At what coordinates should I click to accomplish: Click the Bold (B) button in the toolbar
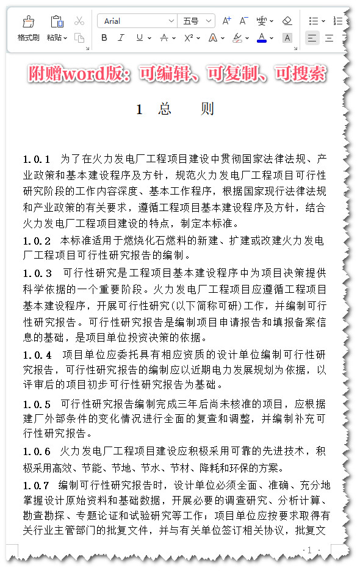(x=104, y=38)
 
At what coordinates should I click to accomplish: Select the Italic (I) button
(x=121, y=38)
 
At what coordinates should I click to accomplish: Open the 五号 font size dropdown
(x=196, y=21)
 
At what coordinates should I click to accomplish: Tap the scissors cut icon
(x=79, y=21)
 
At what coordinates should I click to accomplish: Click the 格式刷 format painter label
(x=28, y=38)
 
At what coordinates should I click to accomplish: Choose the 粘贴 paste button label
(x=54, y=38)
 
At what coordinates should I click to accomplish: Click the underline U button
(x=140, y=38)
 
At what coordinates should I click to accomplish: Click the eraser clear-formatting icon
(x=287, y=21)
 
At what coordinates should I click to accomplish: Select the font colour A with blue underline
(x=262, y=38)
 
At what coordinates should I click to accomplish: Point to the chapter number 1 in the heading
(x=139, y=110)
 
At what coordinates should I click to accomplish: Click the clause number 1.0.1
(x=37, y=160)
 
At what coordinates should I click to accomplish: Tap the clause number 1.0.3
(x=37, y=273)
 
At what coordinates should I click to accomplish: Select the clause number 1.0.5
(x=37, y=404)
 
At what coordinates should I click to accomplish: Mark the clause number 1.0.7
(x=37, y=486)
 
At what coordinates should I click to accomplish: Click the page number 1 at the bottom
(x=309, y=550)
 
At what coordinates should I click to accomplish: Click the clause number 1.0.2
(x=37, y=240)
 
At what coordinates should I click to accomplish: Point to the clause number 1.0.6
(x=37, y=452)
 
